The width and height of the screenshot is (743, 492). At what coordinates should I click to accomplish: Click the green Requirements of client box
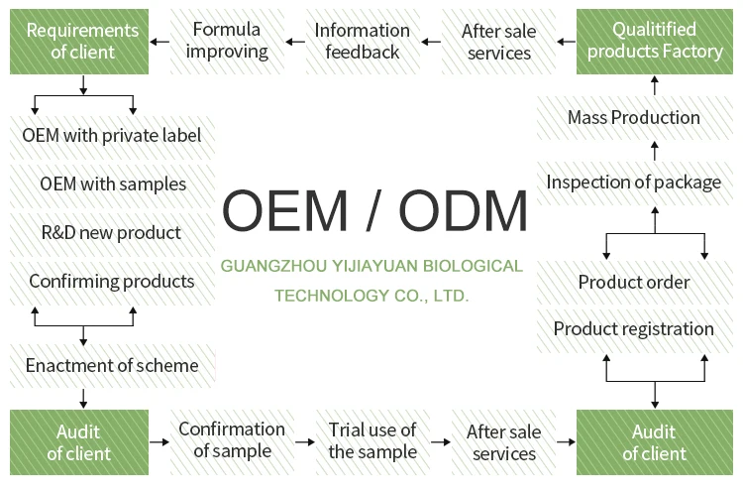83,41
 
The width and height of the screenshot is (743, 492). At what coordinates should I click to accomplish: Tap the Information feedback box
363,41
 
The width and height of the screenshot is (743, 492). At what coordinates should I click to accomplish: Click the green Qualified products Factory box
654,41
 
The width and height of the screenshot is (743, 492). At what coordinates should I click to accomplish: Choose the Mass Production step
633,118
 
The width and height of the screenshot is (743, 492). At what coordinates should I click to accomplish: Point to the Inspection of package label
633,183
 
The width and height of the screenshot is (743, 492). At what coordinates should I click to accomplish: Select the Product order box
633,283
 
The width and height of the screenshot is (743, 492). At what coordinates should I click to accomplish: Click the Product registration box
633,328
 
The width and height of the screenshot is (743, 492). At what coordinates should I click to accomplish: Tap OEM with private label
111,135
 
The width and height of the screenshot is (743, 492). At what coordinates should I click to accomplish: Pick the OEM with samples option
113,184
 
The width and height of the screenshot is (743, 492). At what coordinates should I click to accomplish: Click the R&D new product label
111,233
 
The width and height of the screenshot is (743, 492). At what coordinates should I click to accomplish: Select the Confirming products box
111,282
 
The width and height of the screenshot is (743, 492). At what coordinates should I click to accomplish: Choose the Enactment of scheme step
111,365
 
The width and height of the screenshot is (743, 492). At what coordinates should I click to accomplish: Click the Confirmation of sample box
232,440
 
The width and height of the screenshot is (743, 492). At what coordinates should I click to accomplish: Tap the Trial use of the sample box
371,440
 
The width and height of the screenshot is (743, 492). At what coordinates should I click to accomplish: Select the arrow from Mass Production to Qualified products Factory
654,86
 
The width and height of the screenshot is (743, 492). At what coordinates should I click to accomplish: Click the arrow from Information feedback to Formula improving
294,42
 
